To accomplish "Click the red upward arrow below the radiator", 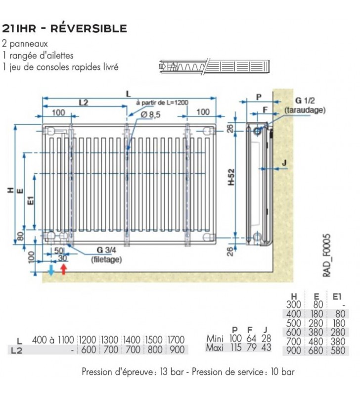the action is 64,269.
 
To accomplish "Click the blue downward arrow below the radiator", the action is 51,270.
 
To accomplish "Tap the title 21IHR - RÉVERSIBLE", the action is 64,28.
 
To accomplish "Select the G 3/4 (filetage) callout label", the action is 106,254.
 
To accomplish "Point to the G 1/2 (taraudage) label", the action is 305,105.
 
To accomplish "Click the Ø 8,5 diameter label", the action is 150,115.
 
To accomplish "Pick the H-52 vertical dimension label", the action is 231,177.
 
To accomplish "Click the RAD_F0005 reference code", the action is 326,255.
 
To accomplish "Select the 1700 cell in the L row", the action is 176,340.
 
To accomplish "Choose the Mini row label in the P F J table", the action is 215,338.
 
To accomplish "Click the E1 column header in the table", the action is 337,297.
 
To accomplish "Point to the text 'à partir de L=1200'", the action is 162,102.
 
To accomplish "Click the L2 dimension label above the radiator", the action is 84,102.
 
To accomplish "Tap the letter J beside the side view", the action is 284,162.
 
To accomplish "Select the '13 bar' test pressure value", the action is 172,372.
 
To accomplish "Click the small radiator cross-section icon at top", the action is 215,66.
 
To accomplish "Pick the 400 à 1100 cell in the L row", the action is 53,340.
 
